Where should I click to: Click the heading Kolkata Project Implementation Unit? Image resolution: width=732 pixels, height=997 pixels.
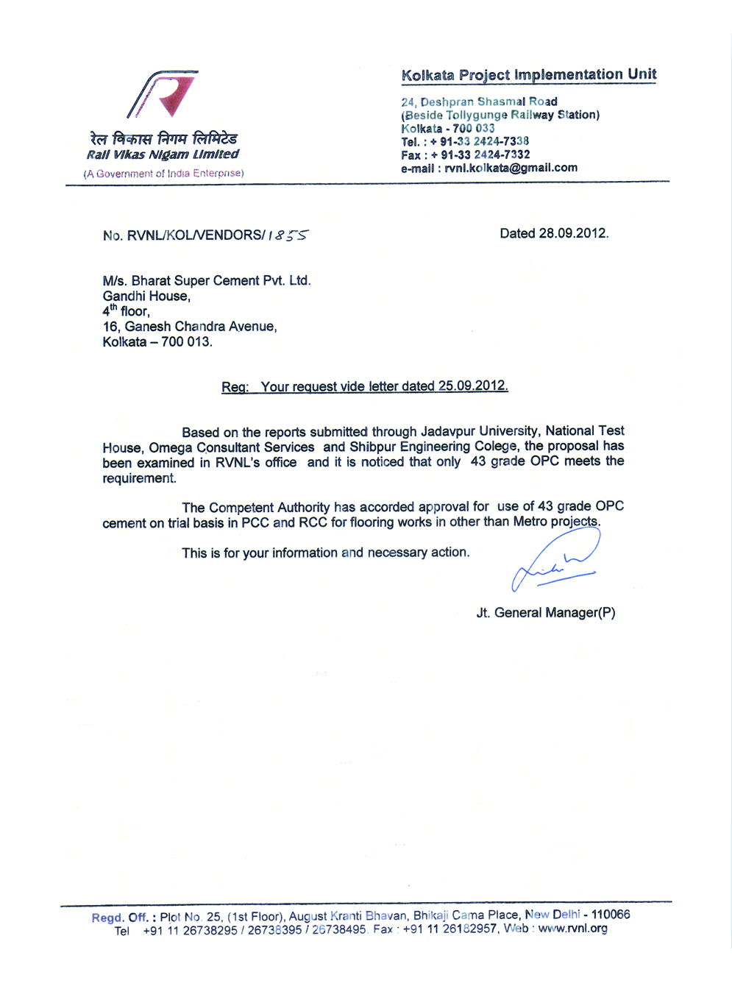pyautogui.click(x=528, y=75)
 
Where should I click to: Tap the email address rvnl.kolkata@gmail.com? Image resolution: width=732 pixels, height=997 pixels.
pyautogui.click(x=511, y=168)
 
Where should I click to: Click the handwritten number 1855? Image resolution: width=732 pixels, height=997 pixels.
pyautogui.click(x=288, y=235)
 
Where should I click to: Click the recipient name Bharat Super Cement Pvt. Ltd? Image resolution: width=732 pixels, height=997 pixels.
pyautogui.click(x=221, y=280)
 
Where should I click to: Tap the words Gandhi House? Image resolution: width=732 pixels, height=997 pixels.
pyautogui.click(x=146, y=296)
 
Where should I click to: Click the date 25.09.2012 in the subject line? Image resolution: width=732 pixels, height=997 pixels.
pyautogui.click(x=472, y=386)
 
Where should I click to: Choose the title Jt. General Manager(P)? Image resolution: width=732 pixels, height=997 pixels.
pyautogui.click(x=545, y=613)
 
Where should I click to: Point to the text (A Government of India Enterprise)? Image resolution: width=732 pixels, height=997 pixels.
pyautogui.click(x=163, y=174)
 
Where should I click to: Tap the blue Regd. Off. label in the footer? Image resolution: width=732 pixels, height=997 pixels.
pyautogui.click(x=119, y=917)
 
